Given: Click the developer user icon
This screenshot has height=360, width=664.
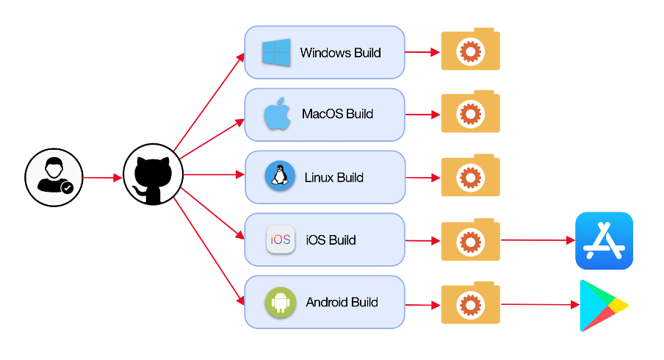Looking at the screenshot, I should point(54,177).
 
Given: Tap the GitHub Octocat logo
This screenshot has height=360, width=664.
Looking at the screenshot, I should point(153,176).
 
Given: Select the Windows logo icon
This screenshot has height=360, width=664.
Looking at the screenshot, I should point(277,53).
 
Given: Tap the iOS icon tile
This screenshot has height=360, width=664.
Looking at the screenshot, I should point(281,240).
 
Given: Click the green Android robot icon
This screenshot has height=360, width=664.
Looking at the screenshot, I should point(281,302).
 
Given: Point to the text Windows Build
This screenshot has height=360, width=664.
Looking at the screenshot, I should point(341,53).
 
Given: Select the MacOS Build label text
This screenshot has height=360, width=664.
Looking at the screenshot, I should point(337,114).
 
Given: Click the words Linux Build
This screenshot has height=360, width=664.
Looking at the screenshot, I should point(334,177).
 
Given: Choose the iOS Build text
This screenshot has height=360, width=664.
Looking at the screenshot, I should point(331,240).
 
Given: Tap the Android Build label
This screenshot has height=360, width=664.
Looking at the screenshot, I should point(342,302).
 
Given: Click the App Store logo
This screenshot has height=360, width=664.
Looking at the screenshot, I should point(604,241).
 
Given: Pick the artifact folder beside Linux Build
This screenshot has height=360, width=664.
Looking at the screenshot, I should point(470,176).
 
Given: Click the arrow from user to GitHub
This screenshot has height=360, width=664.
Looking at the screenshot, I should point(102,178).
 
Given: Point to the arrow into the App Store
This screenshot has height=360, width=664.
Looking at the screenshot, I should point(537,240).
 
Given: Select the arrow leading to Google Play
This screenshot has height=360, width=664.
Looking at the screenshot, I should point(537,304).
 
